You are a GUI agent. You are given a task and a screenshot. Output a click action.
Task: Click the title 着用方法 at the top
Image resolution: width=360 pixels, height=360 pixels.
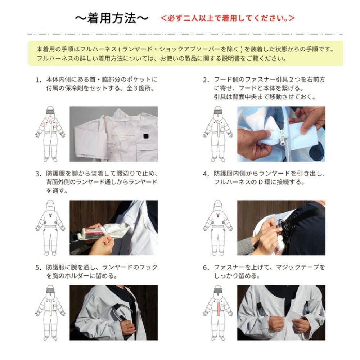[x=111, y=18]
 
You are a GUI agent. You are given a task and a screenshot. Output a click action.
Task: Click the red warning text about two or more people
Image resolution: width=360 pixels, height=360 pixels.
[x=228, y=18]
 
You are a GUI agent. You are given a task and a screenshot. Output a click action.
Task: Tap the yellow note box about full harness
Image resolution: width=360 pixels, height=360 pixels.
[x=185, y=53]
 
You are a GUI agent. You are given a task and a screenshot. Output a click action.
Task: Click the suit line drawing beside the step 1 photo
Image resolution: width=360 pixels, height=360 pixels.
[x=50, y=134]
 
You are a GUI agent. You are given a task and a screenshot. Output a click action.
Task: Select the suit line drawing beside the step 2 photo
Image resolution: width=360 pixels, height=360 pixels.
[x=218, y=134]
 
